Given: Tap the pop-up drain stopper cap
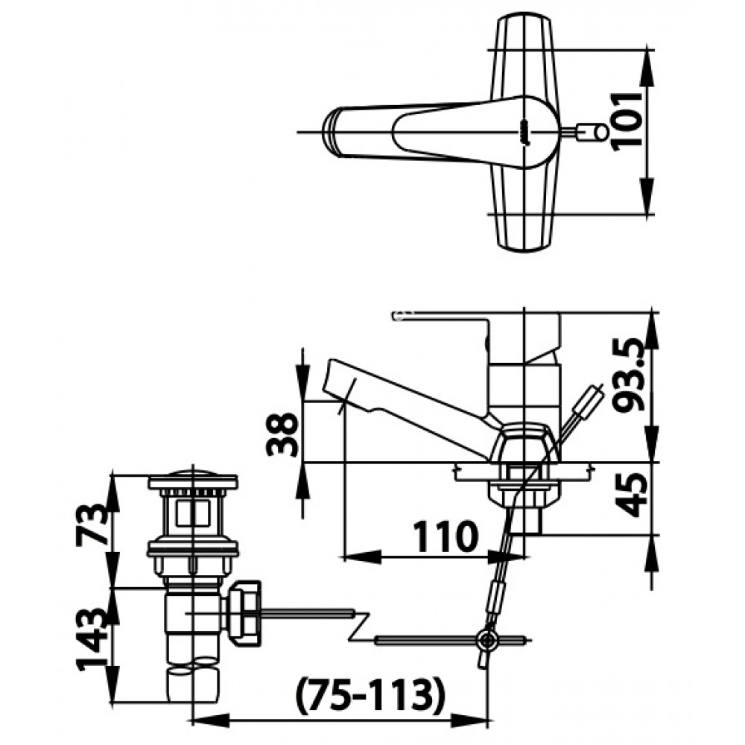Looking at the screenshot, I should point(194,476).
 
